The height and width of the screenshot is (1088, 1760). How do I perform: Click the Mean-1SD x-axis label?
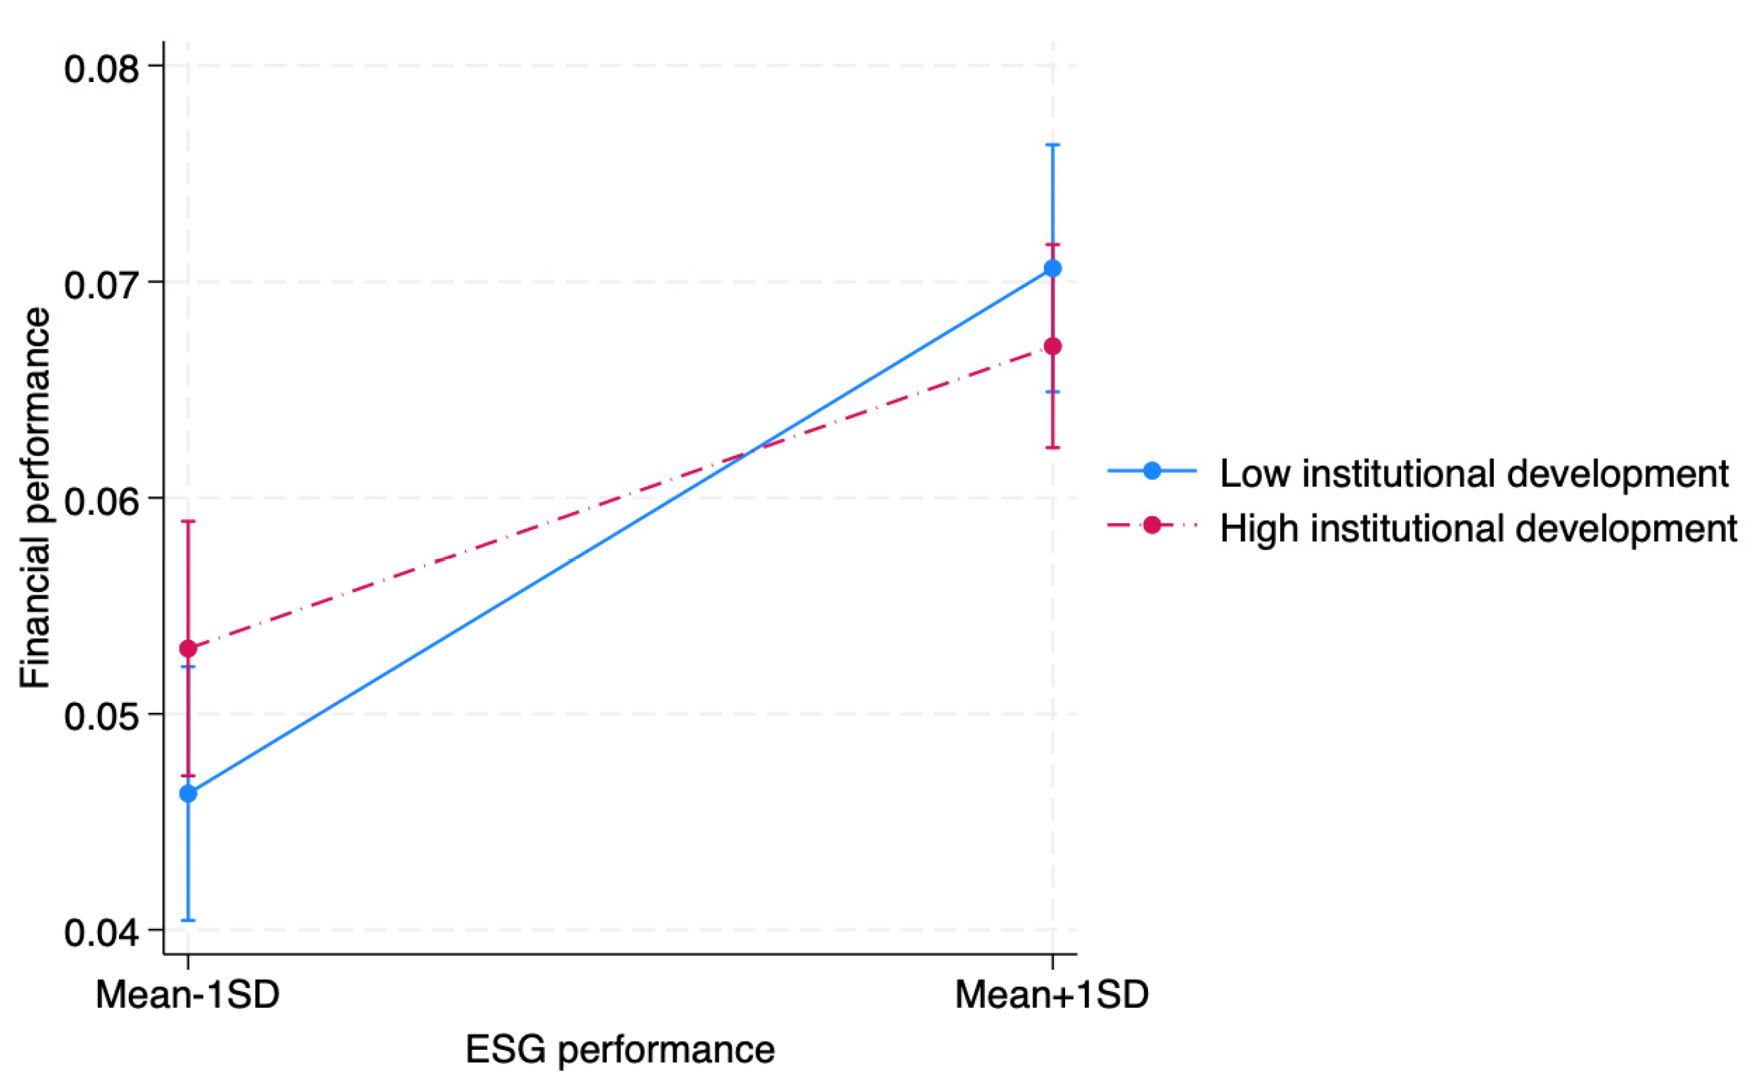(187, 996)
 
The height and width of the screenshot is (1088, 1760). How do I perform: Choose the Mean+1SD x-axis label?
(1052, 996)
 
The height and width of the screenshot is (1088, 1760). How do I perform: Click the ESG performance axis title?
(620, 1050)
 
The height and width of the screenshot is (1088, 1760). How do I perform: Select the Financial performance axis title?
(35, 498)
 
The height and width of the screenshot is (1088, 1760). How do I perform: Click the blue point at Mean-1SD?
(188, 794)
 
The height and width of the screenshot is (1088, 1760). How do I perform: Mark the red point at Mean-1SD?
(188, 649)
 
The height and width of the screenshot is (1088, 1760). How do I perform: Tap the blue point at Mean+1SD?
(1053, 269)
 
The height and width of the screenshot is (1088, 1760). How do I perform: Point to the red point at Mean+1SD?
(1053, 347)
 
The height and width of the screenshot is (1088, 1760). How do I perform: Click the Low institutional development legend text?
(1474, 474)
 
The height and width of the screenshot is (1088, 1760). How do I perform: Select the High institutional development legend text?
(1479, 528)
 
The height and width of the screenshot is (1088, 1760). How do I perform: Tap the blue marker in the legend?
(1152, 471)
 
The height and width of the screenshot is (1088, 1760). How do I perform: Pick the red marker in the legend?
(1152, 526)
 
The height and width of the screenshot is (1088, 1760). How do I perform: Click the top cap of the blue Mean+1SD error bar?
(1053, 145)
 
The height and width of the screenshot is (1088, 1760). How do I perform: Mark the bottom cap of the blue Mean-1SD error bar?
(188, 920)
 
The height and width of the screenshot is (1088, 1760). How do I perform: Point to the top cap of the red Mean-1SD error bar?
(188, 521)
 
